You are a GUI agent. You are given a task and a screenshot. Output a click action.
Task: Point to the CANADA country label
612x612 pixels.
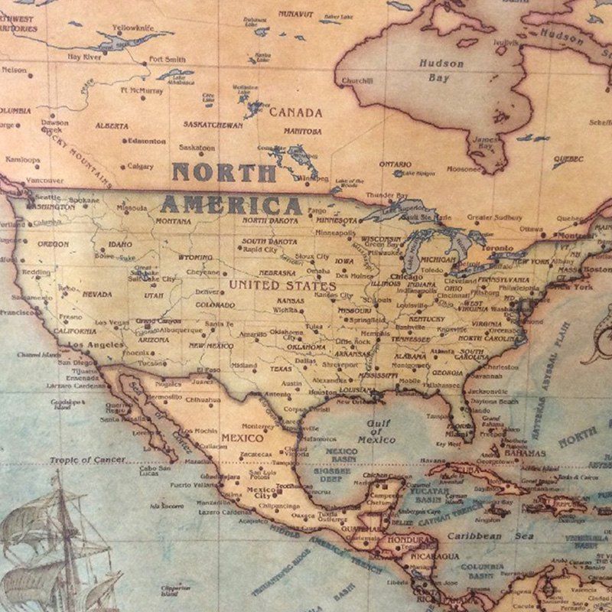click(x=295, y=112)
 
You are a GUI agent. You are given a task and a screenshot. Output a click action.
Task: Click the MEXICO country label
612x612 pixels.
click(x=242, y=438)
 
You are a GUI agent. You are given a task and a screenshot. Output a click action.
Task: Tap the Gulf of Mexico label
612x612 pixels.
click(x=377, y=431)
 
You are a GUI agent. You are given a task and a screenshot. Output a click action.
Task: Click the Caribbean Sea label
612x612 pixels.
click(x=487, y=536)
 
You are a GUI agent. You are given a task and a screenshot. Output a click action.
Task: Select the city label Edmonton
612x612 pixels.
click(x=147, y=142)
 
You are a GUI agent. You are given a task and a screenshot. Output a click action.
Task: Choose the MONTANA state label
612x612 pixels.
click(x=173, y=221)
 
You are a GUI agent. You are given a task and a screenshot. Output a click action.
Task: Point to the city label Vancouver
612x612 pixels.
click(x=24, y=181)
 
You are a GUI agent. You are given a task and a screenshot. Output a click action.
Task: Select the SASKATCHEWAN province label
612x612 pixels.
click(x=213, y=124)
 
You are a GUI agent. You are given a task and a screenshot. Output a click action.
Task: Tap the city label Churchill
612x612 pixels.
click(x=357, y=80)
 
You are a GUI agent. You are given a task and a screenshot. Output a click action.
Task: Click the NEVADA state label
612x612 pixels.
click(x=97, y=294)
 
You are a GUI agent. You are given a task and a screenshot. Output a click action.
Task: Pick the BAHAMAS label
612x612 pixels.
click(x=525, y=453)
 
